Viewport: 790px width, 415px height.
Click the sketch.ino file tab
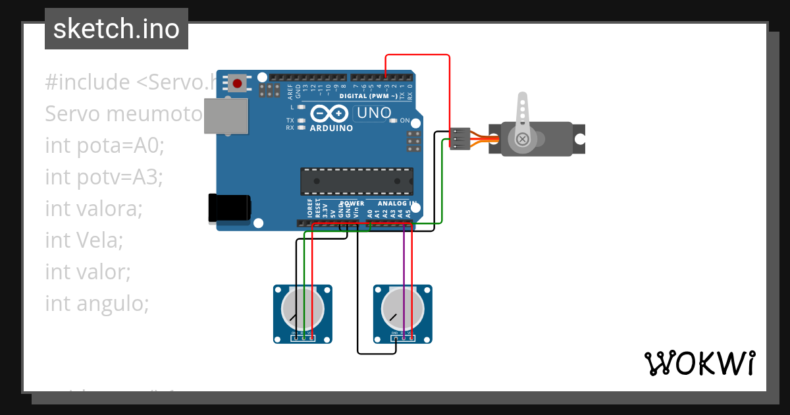[116, 29]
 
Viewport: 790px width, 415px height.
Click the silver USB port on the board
[226, 117]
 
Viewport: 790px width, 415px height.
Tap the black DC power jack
[229, 207]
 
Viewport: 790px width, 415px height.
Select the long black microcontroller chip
[357, 181]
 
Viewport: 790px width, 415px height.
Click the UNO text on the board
[373, 113]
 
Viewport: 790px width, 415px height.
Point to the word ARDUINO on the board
[331, 128]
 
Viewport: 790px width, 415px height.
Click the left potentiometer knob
[303, 309]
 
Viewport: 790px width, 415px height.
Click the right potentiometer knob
[402, 309]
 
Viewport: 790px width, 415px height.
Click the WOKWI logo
[699, 363]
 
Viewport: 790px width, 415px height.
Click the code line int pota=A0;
[104, 145]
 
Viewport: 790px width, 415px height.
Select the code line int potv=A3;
[103, 177]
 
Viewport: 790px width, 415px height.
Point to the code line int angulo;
[97, 303]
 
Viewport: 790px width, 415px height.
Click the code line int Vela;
[84, 240]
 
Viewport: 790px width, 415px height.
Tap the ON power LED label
[406, 121]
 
